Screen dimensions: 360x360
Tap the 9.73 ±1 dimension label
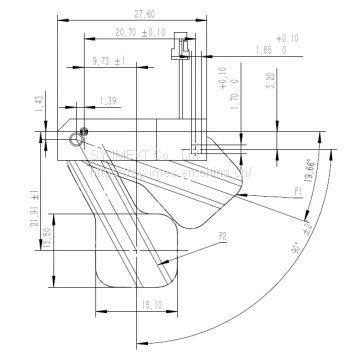pyautogui.click(x=107, y=63)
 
